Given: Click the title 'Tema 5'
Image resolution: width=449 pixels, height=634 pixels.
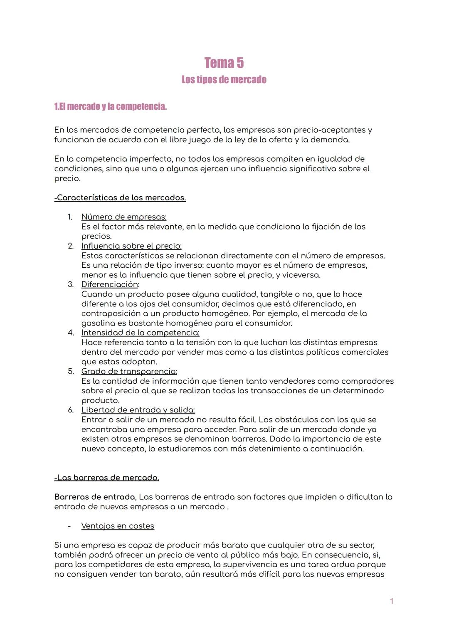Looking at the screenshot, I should click(x=224, y=63).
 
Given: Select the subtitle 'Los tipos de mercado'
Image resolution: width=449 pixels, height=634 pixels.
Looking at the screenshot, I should click(x=224, y=79).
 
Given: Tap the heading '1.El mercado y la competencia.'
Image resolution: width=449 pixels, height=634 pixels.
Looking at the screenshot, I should click(x=111, y=106).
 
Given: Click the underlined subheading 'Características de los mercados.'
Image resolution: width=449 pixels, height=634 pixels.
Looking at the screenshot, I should click(x=120, y=197).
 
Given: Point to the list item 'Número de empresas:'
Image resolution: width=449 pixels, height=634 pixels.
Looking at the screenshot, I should click(x=124, y=217).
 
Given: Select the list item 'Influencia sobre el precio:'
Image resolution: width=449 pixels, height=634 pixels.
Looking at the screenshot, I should click(x=131, y=246).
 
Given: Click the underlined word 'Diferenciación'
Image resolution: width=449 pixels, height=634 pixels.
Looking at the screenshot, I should click(x=109, y=284).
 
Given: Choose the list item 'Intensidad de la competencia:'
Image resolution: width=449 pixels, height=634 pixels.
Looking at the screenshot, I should click(x=140, y=333).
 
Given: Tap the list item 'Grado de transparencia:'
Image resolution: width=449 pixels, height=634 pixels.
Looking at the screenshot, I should click(x=129, y=371).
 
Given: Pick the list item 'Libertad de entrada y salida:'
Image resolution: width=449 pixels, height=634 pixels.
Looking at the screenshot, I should click(x=138, y=410).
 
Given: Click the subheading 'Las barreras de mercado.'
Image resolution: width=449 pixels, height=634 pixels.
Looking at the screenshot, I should click(x=107, y=478).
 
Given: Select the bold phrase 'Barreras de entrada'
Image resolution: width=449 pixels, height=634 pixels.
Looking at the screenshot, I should click(x=95, y=497).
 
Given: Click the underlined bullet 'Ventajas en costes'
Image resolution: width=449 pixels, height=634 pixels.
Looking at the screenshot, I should click(x=118, y=526).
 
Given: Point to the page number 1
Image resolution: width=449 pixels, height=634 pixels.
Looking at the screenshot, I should click(x=392, y=601).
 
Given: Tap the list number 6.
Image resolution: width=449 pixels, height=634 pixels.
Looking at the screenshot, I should click(x=71, y=410).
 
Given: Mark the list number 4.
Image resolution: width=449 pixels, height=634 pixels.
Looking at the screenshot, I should click(x=71, y=333).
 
